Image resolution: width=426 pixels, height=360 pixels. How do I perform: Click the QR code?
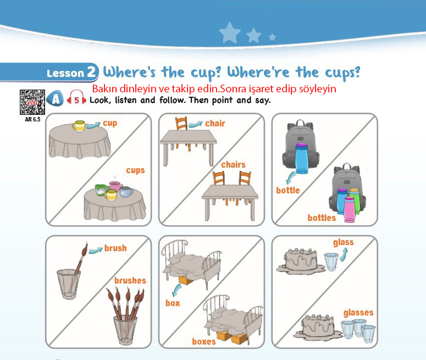[x=32, y=102]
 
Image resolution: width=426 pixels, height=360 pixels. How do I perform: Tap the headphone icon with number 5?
[x=76, y=98]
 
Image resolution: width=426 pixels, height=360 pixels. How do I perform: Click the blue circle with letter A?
[x=55, y=98]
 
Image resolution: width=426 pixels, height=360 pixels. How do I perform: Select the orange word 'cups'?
[x=135, y=170]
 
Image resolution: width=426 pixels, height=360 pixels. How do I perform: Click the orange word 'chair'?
[x=215, y=123]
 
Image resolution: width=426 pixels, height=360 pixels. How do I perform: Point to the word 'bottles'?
[x=322, y=218]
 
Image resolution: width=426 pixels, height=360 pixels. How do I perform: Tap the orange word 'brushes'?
[x=130, y=280]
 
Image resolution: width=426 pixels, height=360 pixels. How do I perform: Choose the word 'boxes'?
[x=204, y=341]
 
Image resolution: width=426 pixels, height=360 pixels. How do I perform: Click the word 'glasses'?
[x=358, y=313]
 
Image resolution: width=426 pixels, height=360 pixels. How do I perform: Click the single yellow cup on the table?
[x=79, y=126]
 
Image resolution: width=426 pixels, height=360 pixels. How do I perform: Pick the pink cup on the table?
[x=116, y=186]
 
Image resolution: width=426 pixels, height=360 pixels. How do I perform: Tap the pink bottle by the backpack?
[x=350, y=209]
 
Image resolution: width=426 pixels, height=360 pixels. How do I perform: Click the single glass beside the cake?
[x=331, y=262]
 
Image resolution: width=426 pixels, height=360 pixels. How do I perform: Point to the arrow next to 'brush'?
[x=95, y=250]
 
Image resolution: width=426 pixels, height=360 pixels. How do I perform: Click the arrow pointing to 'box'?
[x=177, y=290]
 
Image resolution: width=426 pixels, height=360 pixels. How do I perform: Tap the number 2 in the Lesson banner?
[x=92, y=71]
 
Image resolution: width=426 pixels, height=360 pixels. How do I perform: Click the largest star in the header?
[x=230, y=33]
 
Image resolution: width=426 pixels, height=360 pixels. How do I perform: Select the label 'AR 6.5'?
[x=32, y=119]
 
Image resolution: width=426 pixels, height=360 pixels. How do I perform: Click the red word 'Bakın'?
[x=105, y=88]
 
